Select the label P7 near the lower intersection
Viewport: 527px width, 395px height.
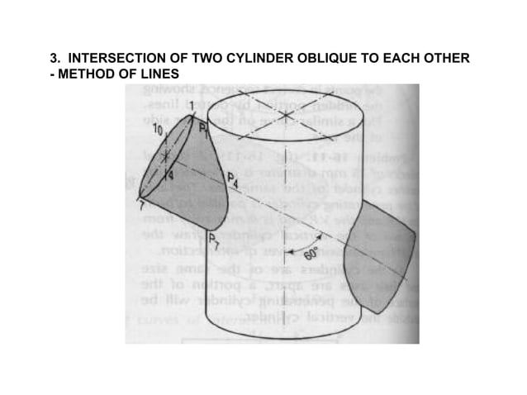pos(214,240)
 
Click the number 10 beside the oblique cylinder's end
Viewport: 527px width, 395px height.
pos(154,131)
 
